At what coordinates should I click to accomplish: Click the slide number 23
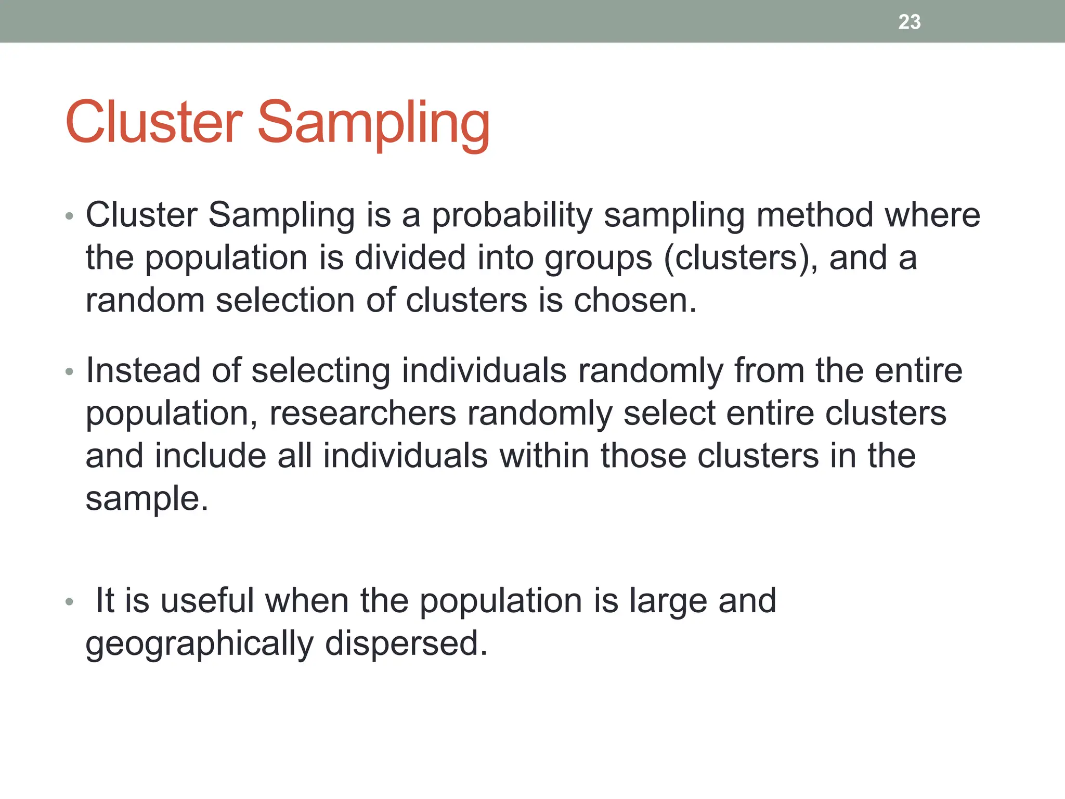[909, 22]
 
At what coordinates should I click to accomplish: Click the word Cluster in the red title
[154, 123]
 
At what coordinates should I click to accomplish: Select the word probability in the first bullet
[512, 216]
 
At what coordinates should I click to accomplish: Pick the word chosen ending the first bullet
[634, 301]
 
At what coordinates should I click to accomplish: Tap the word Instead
[143, 371]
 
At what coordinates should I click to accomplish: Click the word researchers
[362, 414]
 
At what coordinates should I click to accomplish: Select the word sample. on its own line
[147, 499]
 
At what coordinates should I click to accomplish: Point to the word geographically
[199, 645]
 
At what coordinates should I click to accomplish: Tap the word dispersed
[406, 643]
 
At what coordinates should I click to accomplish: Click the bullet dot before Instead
[70, 372]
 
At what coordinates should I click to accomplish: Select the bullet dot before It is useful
[70, 602]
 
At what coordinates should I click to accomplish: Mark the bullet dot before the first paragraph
[70, 216]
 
